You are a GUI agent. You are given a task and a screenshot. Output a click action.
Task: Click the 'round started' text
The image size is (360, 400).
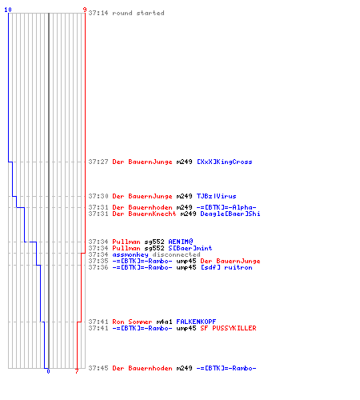(138, 13)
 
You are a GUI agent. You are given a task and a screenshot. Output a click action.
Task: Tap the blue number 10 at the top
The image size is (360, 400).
(8, 10)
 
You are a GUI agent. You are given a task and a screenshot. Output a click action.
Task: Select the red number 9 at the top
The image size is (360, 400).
(85, 10)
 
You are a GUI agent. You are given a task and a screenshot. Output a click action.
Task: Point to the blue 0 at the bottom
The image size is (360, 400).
(48, 371)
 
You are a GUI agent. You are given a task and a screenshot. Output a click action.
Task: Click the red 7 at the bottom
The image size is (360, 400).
(77, 371)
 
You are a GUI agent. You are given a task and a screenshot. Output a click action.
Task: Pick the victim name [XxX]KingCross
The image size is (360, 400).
(225, 162)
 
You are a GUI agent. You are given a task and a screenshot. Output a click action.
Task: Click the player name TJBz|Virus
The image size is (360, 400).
(216, 196)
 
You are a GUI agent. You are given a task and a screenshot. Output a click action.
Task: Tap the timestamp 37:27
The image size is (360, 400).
(98, 162)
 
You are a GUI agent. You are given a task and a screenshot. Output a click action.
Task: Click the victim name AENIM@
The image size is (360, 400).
(181, 242)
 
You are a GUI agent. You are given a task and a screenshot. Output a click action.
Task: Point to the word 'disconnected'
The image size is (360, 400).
(176, 254)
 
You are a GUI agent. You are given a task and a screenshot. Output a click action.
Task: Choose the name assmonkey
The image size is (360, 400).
(130, 254)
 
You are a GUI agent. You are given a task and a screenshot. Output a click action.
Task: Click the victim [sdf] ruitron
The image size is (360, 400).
(226, 267)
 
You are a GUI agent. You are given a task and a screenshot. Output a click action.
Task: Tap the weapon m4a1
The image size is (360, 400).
(164, 322)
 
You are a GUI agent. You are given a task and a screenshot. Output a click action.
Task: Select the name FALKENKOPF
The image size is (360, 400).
(196, 322)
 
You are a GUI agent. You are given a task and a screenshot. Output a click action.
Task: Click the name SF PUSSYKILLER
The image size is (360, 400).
(228, 328)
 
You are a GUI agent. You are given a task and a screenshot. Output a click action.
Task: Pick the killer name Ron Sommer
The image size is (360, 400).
(132, 322)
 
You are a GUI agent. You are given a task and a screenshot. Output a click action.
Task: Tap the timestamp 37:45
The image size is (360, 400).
(98, 368)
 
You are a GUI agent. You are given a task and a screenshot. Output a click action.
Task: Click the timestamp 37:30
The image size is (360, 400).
(98, 196)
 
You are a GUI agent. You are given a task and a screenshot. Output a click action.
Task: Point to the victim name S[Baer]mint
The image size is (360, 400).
(190, 248)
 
